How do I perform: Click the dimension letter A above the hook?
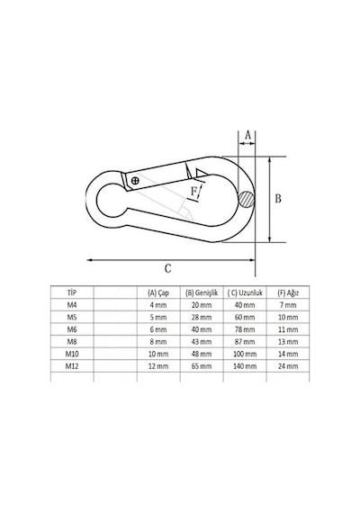coord(247,135)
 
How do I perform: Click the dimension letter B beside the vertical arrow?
coord(278,199)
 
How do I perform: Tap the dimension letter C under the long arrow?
coord(167,268)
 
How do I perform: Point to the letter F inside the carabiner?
coord(194,191)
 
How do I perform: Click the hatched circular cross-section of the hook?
coord(246,199)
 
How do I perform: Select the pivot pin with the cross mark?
coord(135,180)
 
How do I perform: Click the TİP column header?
coord(72,292)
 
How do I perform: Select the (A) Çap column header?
coord(158,292)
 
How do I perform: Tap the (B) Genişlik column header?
coord(202,292)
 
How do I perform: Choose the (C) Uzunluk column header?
coord(245,292)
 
